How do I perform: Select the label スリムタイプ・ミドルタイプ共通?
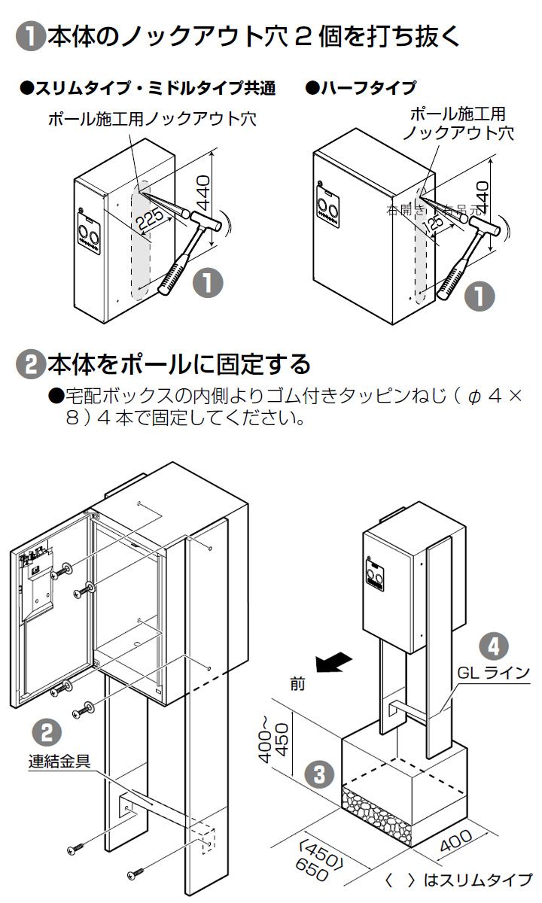click(x=148, y=88)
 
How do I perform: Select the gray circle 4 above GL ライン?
click(x=493, y=645)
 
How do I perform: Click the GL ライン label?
click(x=493, y=672)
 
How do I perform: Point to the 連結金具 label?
click(x=65, y=761)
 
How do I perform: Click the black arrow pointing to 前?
click(x=333, y=661)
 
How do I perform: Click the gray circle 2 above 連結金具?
click(x=47, y=731)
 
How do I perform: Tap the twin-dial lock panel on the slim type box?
click(x=87, y=237)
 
